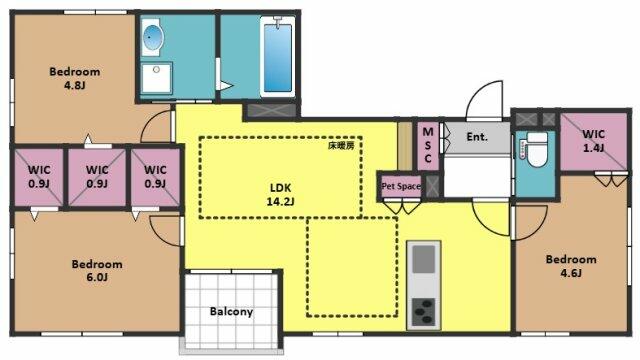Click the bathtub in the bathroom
[278, 57]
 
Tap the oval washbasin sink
[153, 38]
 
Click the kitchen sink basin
[424, 259]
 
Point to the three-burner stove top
[424, 312]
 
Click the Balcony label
[231, 311]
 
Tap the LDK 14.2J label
[281, 194]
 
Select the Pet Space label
[401, 187]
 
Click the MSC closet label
[428, 145]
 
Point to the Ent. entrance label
[477, 136]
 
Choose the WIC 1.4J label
[593, 140]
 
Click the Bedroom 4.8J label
[75, 78]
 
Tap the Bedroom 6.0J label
[97, 271]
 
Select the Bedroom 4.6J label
[571, 266]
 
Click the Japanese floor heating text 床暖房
[341, 146]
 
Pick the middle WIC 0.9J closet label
[97, 176]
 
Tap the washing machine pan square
[156, 78]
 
